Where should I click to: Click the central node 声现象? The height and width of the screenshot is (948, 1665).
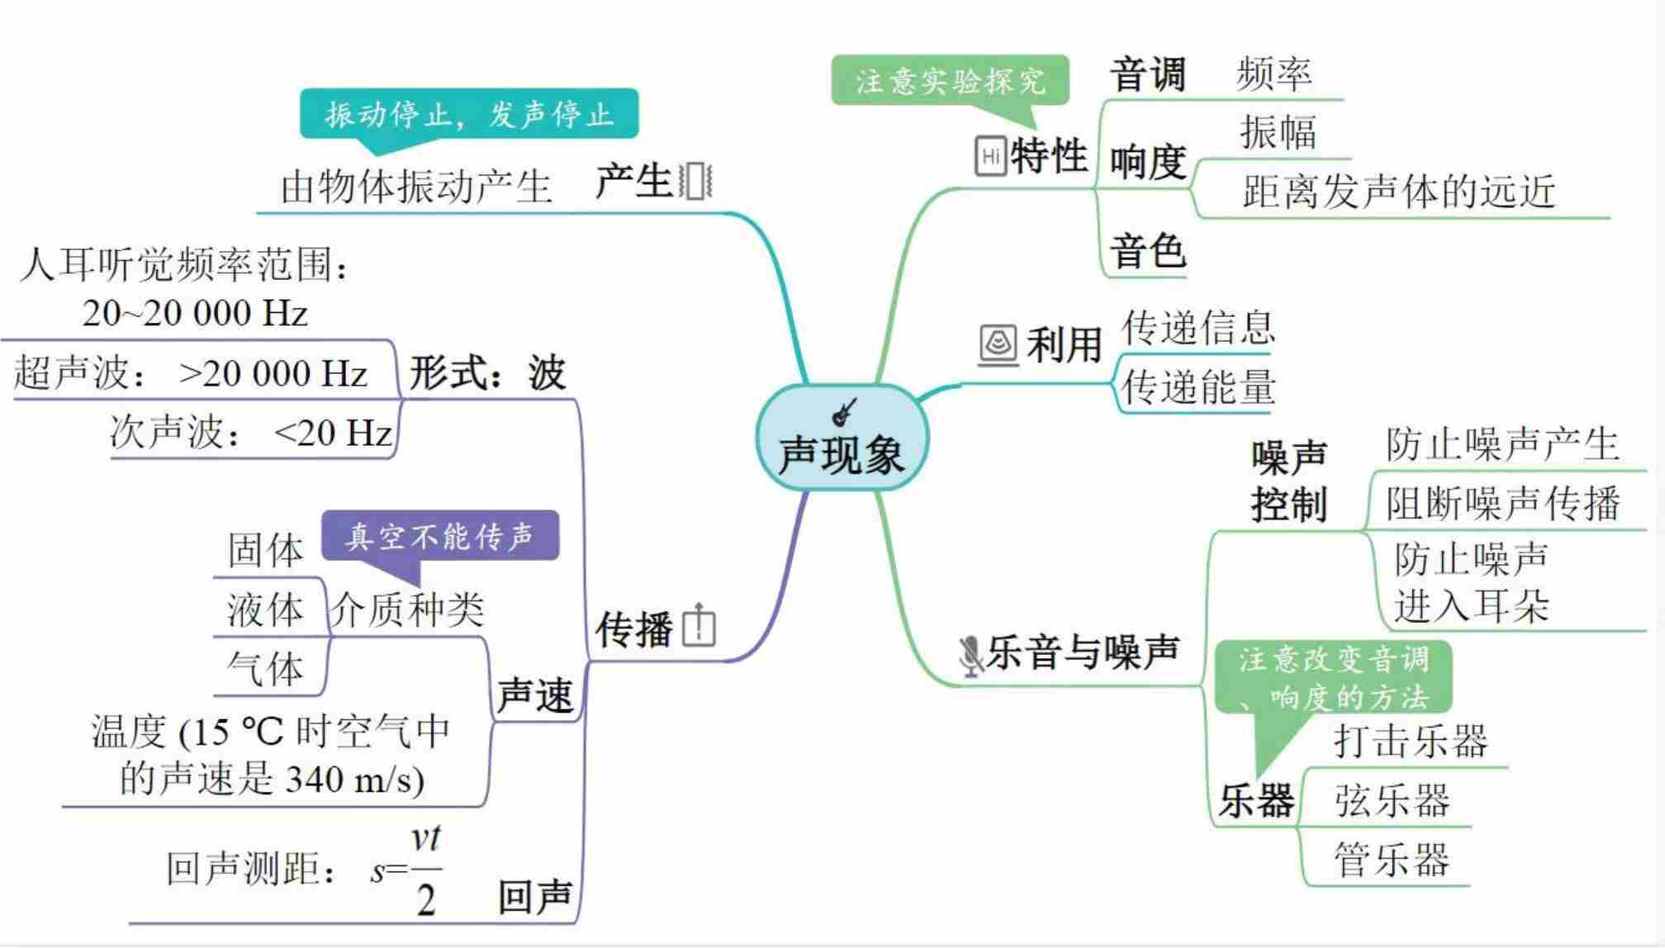(x=842, y=454)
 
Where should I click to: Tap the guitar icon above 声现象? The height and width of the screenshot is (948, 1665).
(x=844, y=411)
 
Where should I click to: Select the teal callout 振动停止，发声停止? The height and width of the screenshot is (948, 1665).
(x=468, y=114)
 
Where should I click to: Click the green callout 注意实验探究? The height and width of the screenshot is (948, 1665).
(x=950, y=81)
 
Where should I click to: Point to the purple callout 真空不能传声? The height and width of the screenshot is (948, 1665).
(x=439, y=536)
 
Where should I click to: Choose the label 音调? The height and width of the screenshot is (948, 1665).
(x=1148, y=75)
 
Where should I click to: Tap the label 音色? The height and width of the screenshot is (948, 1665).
(x=1148, y=250)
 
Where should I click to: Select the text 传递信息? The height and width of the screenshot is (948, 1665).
(x=1198, y=328)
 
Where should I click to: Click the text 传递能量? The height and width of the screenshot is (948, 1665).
(x=1198, y=387)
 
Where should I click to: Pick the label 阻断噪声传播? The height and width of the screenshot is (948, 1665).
(x=1502, y=503)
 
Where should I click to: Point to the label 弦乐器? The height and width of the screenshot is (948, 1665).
(x=1392, y=800)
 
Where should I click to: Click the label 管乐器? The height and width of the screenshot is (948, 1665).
(x=1392, y=860)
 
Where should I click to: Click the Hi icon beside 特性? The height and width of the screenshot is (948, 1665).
(x=990, y=155)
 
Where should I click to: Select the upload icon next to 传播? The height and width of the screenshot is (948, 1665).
(x=700, y=625)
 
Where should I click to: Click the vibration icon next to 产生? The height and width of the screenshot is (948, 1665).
(x=695, y=181)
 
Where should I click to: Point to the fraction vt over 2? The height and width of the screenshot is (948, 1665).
(x=426, y=871)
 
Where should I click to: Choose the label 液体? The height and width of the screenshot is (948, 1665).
(x=266, y=609)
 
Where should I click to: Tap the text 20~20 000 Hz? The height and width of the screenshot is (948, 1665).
(x=195, y=313)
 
